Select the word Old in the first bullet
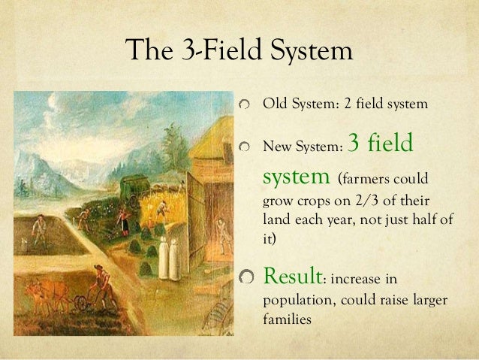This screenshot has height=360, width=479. pos(273,103)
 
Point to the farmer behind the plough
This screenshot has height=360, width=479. pos(100,283)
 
